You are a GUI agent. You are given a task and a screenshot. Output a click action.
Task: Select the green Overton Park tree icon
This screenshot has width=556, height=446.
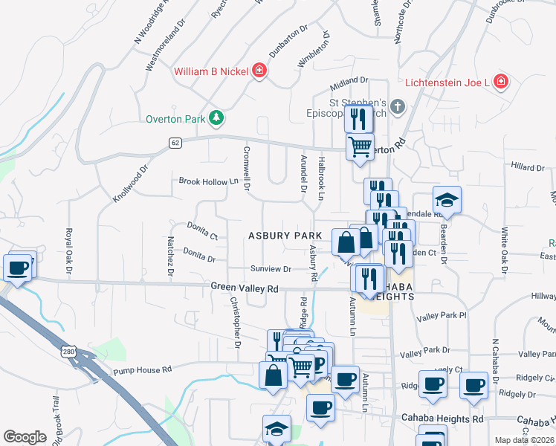pyautogui.click(x=216, y=117)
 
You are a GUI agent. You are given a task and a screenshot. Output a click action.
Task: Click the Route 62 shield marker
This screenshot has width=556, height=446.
pyautogui.click(x=175, y=143)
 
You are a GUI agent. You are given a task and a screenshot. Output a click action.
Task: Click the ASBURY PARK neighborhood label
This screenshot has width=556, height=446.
pyautogui.click(x=285, y=235)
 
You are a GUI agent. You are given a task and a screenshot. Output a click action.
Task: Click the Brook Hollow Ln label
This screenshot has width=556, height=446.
pyautogui.click(x=207, y=181)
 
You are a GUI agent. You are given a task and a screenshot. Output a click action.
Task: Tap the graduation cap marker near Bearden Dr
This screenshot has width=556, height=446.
pyautogui.click(x=447, y=201)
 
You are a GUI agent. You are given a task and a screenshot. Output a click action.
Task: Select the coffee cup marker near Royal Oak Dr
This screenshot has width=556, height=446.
pyautogui.click(x=19, y=267)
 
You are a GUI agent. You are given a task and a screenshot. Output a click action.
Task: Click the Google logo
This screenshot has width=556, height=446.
pyautogui.click(x=25, y=437)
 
